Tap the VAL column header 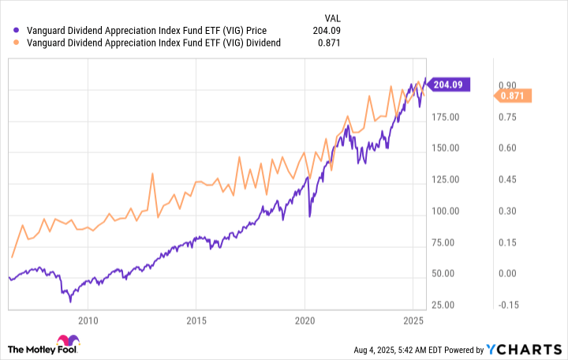[333, 17]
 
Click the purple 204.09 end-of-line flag [450, 84]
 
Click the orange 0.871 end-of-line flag [514, 96]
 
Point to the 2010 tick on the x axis [88, 321]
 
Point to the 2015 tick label [196, 321]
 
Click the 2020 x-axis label [305, 321]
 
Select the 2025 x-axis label [413, 321]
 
